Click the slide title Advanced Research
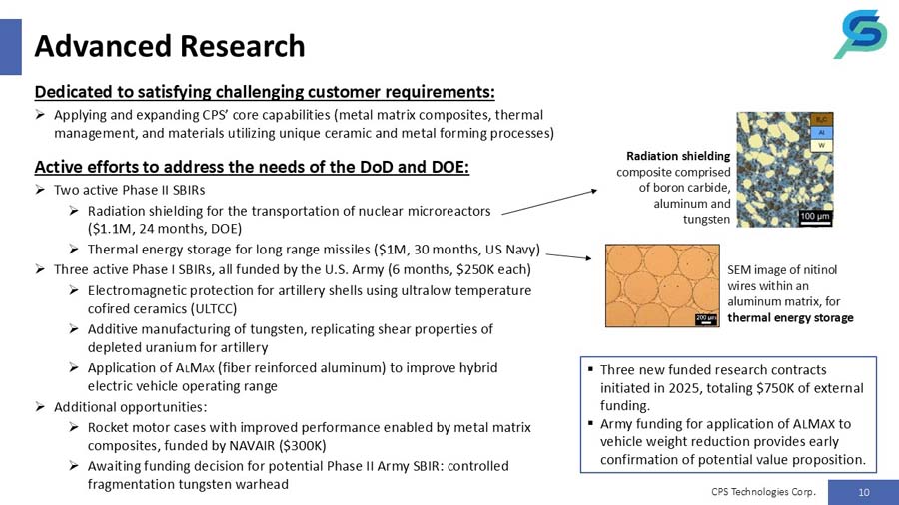click(170, 46)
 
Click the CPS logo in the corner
click(860, 35)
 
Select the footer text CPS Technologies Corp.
click(764, 491)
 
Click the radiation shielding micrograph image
click(784, 169)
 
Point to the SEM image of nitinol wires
click(663, 286)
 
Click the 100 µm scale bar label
click(815, 215)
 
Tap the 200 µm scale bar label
click(705, 316)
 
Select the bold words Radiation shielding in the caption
click(678, 156)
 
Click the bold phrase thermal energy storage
click(790, 317)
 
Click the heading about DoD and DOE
click(252, 165)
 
